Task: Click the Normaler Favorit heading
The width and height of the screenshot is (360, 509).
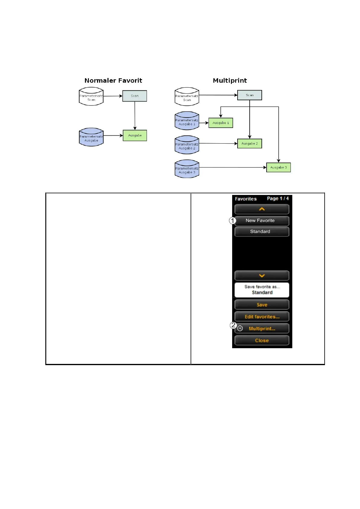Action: click(113, 80)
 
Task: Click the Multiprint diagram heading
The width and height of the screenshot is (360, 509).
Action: click(230, 80)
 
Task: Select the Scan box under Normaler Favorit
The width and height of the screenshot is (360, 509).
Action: click(135, 96)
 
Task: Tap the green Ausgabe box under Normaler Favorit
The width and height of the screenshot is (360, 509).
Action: click(135, 135)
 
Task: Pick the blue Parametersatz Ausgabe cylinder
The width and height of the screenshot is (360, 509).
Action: click(91, 137)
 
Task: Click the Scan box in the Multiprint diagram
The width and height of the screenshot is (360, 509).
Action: click(249, 95)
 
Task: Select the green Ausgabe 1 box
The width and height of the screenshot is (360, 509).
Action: click(221, 123)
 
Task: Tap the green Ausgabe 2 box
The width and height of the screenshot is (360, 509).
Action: click(249, 144)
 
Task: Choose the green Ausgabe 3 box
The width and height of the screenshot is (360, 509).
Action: click(278, 167)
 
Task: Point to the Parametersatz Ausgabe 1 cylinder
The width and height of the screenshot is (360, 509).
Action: click(187, 121)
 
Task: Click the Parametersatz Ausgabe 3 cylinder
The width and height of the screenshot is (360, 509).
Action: click(187, 169)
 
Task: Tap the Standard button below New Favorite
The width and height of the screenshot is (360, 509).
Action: click(261, 232)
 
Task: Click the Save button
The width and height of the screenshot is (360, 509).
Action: click(261, 305)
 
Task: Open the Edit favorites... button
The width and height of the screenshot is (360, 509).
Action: click(261, 317)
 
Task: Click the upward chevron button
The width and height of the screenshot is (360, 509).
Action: click(261, 209)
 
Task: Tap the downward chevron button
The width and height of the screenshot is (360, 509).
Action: click(261, 276)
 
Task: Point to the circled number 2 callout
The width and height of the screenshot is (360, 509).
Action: click(233, 325)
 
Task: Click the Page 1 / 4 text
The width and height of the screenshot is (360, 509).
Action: click(277, 199)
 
